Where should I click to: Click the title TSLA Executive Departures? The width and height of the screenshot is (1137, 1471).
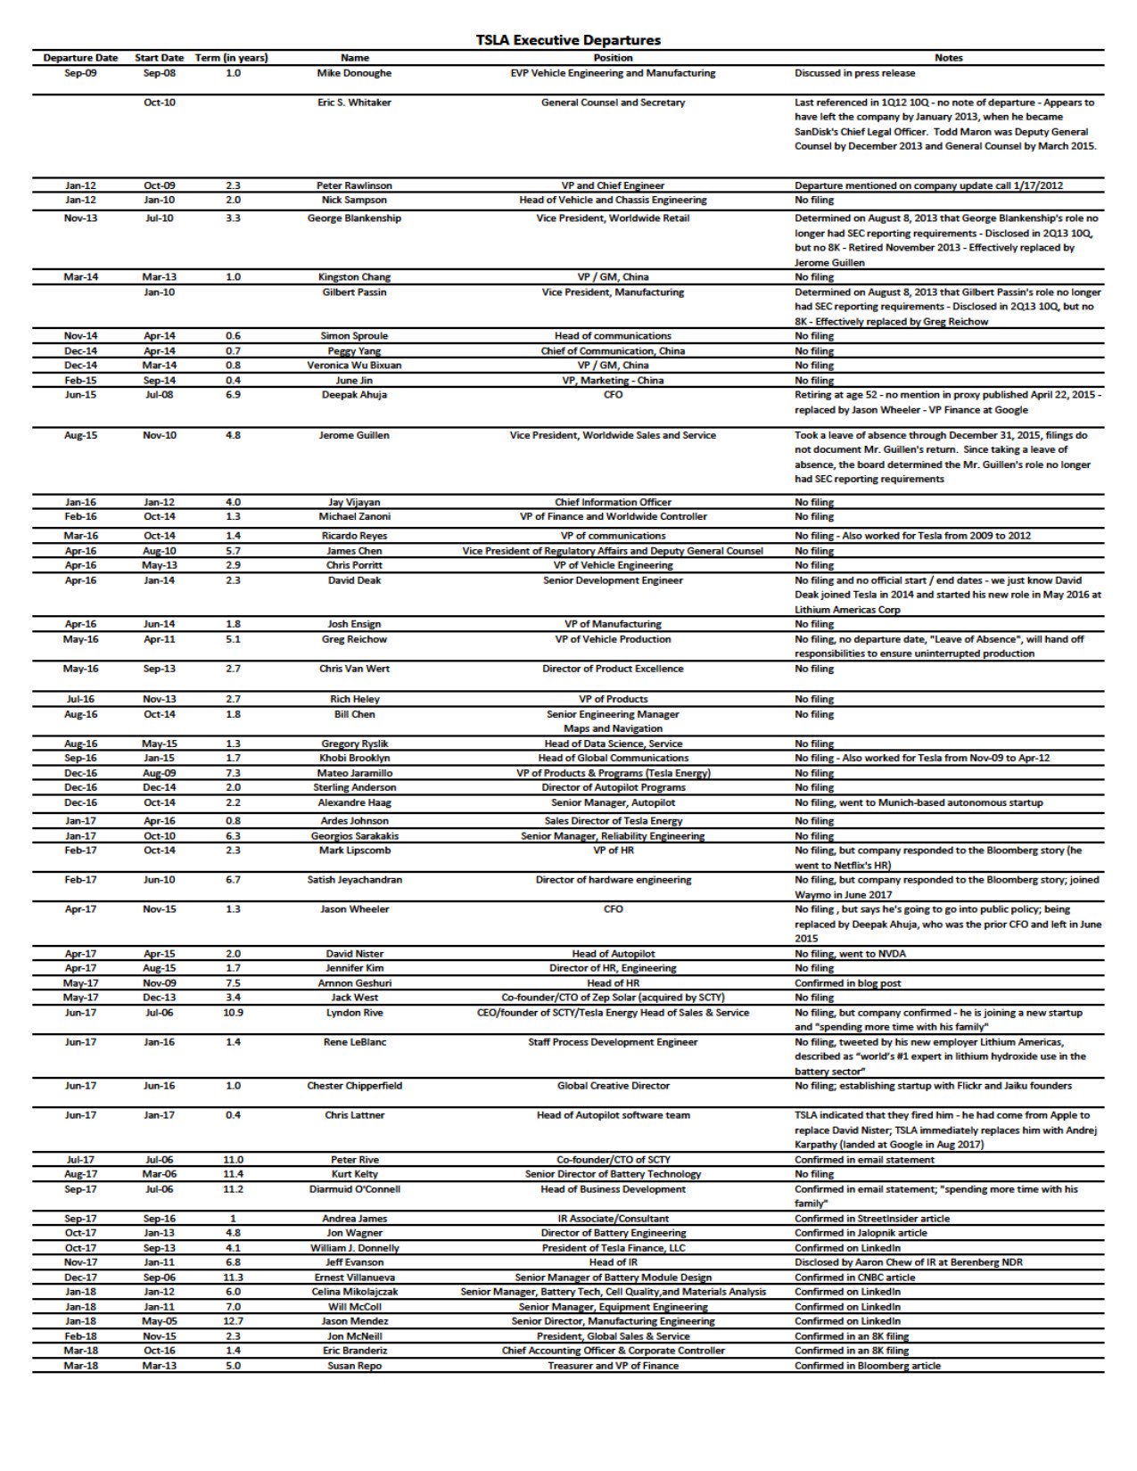click(x=568, y=40)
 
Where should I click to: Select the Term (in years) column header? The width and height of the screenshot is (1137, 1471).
click(x=232, y=58)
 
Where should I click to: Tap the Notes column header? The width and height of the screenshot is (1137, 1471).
click(x=948, y=58)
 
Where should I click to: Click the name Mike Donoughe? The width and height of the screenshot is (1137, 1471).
click(x=354, y=73)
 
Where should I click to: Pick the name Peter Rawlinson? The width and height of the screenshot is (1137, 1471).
click(x=354, y=185)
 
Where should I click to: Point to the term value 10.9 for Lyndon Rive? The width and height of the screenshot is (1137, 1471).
click(x=233, y=1013)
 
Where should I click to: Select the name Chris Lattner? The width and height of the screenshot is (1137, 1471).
click(x=354, y=1115)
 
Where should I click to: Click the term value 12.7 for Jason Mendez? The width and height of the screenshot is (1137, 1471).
click(x=233, y=1321)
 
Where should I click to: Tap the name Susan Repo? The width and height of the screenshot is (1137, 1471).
click(x=354, y=1366)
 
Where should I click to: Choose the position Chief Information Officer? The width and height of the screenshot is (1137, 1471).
click(x=613, y=502)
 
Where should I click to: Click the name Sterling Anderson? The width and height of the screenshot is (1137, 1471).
click(x=354, y=787)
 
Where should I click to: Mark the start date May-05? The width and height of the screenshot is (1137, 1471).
click(x=159, y=1321)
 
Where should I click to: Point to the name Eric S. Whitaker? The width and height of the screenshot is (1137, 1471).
click(x=354, y=103)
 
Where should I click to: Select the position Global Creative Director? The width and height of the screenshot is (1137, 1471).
click(x=613, y=1086)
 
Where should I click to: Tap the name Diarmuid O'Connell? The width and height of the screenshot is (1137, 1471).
click(x=354, y=1189)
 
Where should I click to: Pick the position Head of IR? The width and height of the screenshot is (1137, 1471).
click(x=613, y=1262)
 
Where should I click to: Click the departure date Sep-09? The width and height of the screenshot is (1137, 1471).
click(x=80, y=73)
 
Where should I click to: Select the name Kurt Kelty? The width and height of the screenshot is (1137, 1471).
click(x=354, y=1174)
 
